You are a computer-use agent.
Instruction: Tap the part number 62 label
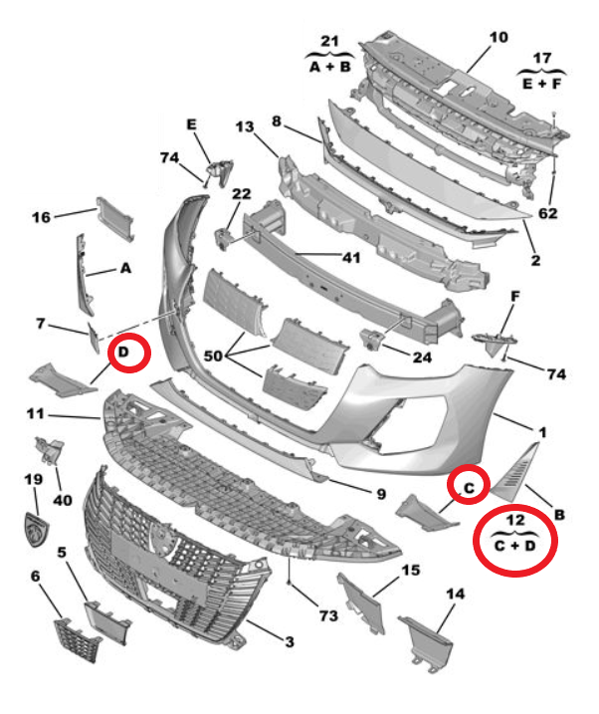(x=548, y=214)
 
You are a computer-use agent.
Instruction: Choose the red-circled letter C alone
(x=471, y=485)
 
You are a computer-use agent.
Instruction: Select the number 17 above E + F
(x=541, y=58)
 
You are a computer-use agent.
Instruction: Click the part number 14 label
(x=455, y=595)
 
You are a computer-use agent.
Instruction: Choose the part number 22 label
(x=242, y=193)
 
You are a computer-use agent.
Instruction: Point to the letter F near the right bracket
(x=515, y=297)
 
